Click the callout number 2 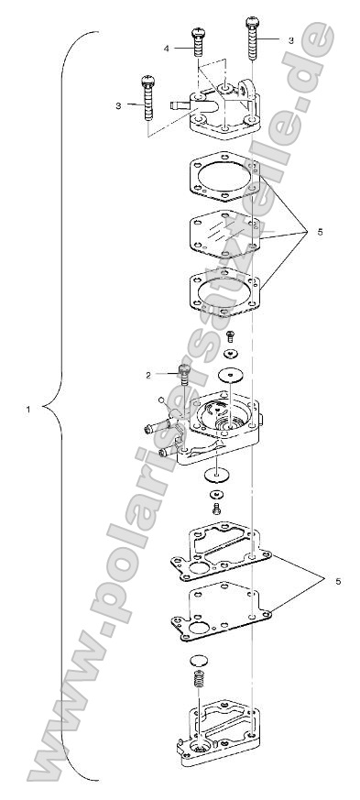[147, 374]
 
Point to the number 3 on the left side [118, 106]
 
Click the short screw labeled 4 [197, 41]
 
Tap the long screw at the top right [252, 37]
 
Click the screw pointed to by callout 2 [184, 375]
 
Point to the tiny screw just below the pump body [217, 506]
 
